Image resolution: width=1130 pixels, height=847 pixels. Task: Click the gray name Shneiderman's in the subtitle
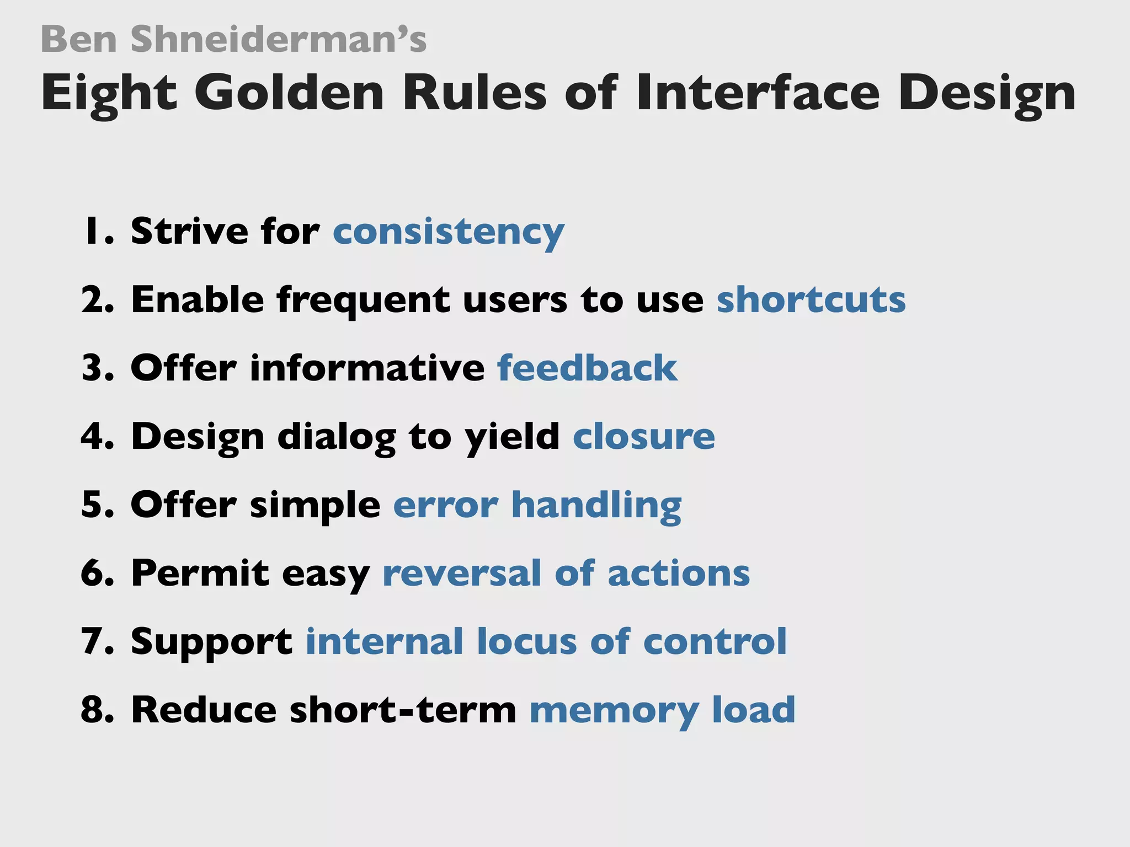[279, 40]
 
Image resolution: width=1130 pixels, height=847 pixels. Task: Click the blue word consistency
[448, 232]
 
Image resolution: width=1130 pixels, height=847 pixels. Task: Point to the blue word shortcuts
[811, 300]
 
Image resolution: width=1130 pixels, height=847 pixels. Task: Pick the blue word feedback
[587, 368]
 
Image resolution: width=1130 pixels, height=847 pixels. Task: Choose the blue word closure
[643, 437]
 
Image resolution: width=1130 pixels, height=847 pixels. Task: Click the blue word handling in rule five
[596, 505]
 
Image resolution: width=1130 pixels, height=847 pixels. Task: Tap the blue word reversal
[462, 573]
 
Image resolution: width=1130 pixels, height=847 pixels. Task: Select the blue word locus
[526, 642]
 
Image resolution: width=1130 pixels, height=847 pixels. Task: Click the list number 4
[97, 437]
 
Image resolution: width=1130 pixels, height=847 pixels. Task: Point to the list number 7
[97, 642]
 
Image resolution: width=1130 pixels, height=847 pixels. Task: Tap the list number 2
[97, 300]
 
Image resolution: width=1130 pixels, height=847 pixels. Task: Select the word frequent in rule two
[363, 301]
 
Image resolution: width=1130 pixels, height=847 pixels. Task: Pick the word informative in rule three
[367, 368]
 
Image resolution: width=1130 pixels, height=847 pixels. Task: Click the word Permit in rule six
[200, 573]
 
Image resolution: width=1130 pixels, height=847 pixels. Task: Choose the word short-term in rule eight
[403, 710]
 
